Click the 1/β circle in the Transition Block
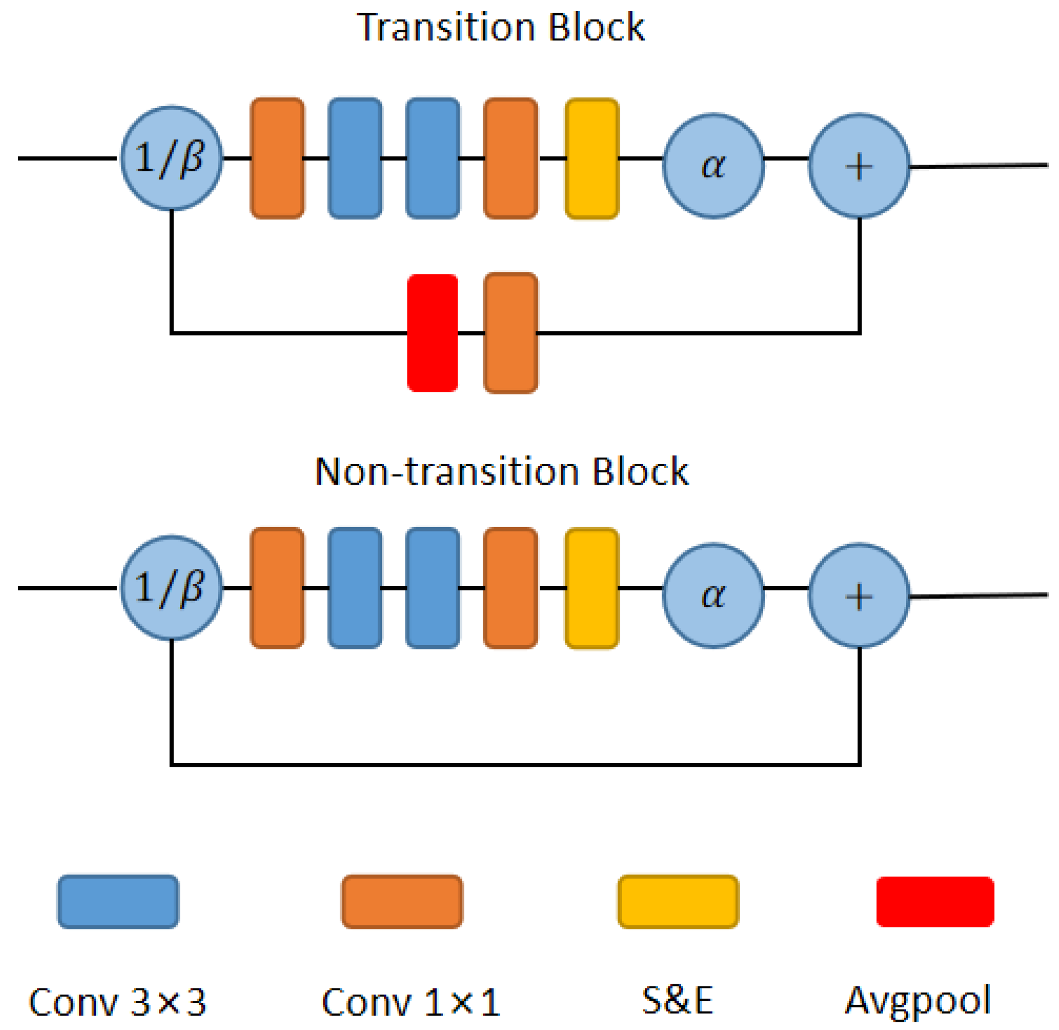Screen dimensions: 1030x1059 [x=172, y=158]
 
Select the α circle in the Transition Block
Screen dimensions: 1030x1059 [x=713, y=166]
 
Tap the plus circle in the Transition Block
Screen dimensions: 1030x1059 [x=859, y=166]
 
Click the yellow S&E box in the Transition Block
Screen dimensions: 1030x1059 [x=592, y=159]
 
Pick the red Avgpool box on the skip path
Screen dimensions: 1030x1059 [x=433, y=333]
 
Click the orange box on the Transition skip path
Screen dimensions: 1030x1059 [x=511, y=333]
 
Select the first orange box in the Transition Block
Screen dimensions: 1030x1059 [x=277, y=159]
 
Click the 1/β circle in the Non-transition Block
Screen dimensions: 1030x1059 [x=172, y=588]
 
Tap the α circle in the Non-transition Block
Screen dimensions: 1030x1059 [x=713, y=595]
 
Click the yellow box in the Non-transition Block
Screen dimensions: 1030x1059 [x=592, y=588]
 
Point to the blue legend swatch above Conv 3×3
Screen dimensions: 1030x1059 [x=118, y=902]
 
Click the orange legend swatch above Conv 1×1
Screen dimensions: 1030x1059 [x=402, y=902]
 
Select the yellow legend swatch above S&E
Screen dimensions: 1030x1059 [x=678, y=902]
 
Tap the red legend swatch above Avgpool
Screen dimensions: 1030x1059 [x=935, y=902]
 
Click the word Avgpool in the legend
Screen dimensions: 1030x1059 [x=918, y=1000]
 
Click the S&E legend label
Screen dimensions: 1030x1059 [x=678, y=999]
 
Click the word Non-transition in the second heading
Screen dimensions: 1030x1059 [x=446, y=471]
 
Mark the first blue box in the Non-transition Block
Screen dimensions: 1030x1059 [x=355, y=588]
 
